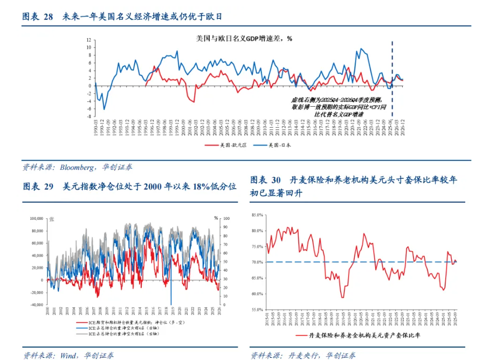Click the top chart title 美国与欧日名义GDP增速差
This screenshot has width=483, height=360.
click(244, 39)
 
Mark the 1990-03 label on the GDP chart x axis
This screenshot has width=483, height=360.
click(95, 129)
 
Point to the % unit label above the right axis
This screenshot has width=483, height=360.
click(216, 218)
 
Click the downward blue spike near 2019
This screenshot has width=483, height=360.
click(171, 302)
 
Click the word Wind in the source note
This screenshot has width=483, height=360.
click(68, 355)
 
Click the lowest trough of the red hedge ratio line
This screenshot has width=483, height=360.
click(342, 297)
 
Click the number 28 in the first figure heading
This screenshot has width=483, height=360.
click(49, 17)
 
